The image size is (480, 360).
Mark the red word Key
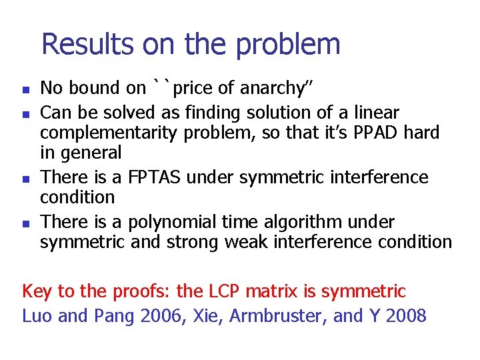(x=37, y=291)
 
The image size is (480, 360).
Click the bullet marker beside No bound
(x=25, y=89)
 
